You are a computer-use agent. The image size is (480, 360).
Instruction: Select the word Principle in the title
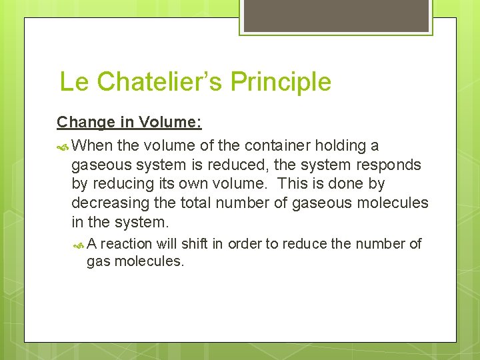coord(281,82)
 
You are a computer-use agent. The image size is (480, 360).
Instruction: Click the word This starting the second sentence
coord(291,183)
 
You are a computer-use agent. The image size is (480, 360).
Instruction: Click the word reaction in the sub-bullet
coord(127,244)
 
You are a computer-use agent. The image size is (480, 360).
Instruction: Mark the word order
coord(244,244)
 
